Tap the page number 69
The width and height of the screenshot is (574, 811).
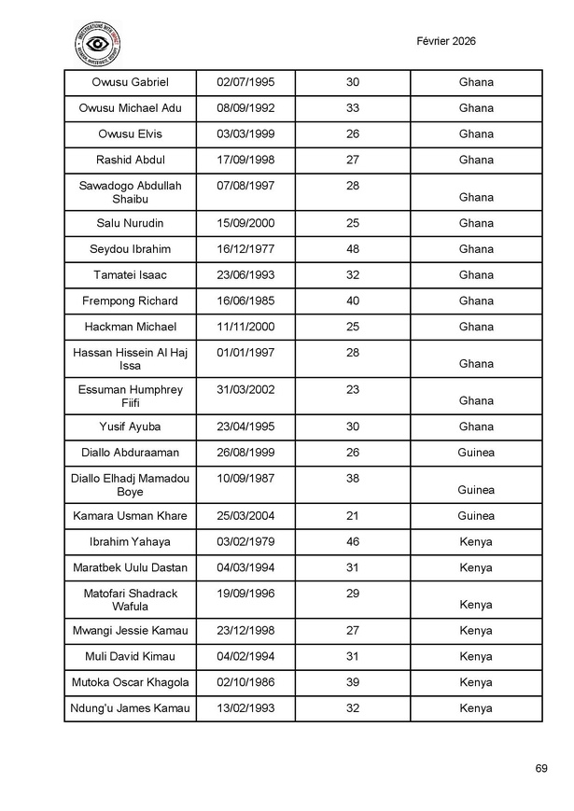[541, 768]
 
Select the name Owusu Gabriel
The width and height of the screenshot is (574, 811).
[130, 82]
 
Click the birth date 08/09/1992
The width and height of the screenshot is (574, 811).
[245, 108]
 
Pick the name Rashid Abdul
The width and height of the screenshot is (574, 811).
[130, 160]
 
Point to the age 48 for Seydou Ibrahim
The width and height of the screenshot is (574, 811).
[352, 249]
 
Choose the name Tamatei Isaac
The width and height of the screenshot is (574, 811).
[130, 275]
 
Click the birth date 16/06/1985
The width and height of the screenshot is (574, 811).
[245, 301]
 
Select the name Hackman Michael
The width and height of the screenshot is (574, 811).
[130, 327]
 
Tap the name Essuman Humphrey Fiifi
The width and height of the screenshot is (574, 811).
[130, 396]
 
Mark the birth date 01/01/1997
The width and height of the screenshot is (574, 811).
[245, 352]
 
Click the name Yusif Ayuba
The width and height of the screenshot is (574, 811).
[130, 426]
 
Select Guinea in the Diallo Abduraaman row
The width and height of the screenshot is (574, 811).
[476, 453]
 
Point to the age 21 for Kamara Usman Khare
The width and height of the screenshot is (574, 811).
[352, 516]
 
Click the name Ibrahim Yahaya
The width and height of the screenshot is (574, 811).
[130, 542]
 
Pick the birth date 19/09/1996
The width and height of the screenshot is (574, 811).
[245, 594]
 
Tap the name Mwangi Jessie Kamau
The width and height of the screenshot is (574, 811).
[130, 630]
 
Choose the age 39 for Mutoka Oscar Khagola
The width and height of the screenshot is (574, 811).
[352, 682]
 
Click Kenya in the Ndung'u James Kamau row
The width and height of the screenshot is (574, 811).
[476, 708]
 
